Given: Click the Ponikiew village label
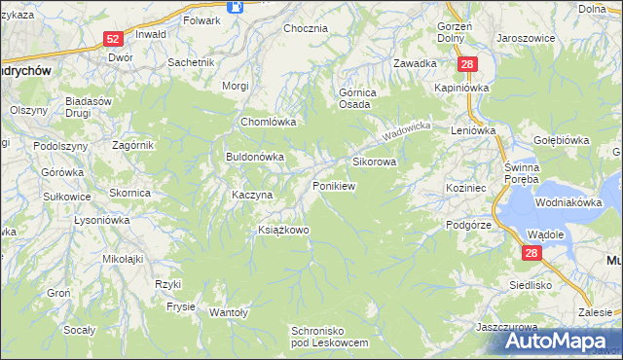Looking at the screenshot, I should pos(333,185).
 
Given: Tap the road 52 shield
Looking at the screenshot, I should pos(113,39).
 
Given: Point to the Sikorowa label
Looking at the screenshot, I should pos(374,162).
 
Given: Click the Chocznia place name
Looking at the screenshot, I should pos(305,28).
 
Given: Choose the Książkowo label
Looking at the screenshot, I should pos(282,231).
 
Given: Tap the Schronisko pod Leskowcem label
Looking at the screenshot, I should pos(329,338).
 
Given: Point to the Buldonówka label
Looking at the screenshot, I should pos(254,156).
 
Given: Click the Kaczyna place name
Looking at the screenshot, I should pos(252,195).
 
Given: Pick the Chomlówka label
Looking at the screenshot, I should pos(268,123).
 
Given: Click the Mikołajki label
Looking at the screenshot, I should pos(123,259).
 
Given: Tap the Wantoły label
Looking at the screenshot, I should pos(230,312).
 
